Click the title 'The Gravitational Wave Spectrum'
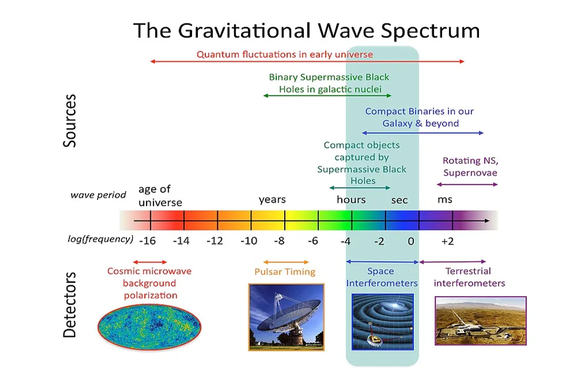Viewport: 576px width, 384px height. click(x=306, y=30)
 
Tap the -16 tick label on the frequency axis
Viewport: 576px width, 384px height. click(x=147, y=241)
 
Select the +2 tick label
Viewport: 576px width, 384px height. click(x=447, y=241)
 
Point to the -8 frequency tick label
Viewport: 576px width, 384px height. click(x=279, y=241)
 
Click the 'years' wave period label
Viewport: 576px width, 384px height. click(x=272, y=199)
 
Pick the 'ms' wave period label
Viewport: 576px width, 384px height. click(x=444, y=199)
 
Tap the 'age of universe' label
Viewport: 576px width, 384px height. click(x=159, y=196)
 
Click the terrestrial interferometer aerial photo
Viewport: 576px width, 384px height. click(x=481, y=321)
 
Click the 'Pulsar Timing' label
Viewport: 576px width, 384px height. click(x=285, y=271)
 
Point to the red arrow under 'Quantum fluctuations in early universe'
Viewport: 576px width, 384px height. click(x=307, y=62)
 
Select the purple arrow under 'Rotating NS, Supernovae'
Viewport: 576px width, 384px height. click(x=467, y=185)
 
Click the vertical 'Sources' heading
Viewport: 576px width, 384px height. click(x=70, y=121)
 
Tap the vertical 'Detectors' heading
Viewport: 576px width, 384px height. click(x=70, y=305)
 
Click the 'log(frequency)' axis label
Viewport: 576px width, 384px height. click(x=100, y=239)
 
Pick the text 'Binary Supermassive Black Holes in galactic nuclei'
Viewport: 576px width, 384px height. click(x=330, y=83)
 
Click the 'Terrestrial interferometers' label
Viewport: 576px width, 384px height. click(x=469, y=277)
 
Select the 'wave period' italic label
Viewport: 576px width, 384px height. click(x=98, y=195)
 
